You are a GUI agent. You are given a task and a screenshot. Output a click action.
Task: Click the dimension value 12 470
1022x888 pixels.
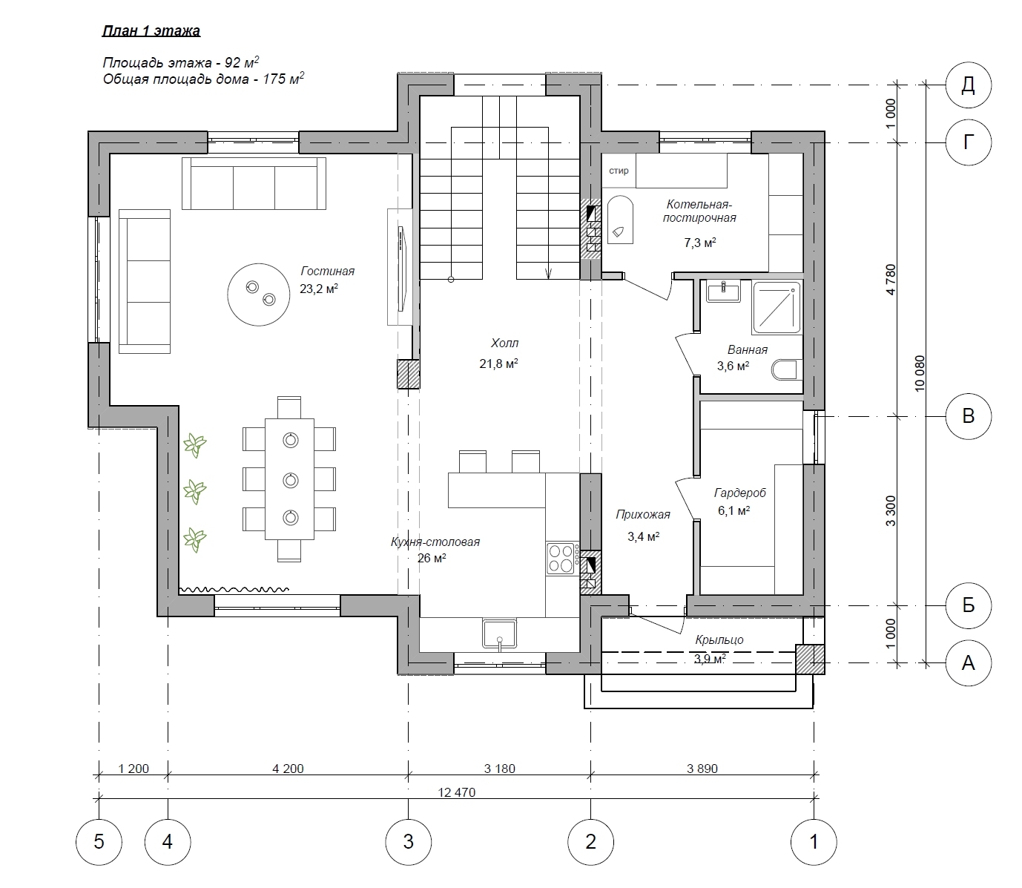[457, 792]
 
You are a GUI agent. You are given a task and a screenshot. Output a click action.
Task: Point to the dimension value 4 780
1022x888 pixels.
[891, 280]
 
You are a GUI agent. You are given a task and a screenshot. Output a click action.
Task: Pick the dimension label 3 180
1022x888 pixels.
[499, 769]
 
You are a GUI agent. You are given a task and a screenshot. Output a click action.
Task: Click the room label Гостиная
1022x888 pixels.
[327, 272]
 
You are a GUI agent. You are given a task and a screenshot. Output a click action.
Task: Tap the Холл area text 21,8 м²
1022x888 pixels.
[498, 364]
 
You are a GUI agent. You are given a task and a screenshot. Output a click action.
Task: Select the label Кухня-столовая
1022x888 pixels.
[435, 542]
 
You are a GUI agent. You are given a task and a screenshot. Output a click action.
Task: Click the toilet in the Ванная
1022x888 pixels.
[787, 370]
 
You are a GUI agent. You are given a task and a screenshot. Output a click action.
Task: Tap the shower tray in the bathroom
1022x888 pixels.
[776, 308]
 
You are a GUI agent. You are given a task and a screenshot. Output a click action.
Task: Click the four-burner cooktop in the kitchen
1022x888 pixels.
[562, 558]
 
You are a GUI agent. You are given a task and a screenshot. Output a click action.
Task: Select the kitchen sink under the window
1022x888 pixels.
[499, 634]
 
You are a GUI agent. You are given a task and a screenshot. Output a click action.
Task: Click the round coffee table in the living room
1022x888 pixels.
[258, 295]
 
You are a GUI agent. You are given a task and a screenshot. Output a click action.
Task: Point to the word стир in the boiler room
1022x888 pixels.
[619, 171]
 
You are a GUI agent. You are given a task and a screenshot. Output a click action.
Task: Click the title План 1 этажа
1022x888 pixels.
[151, 31]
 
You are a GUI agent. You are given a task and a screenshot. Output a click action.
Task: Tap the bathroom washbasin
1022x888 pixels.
[723, 291]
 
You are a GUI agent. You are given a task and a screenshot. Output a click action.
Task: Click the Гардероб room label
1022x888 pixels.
[739, 493]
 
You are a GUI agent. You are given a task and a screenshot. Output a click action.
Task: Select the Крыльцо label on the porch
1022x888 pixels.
[719, 639]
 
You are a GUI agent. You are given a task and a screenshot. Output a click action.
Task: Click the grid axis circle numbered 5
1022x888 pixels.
[99, 842]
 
